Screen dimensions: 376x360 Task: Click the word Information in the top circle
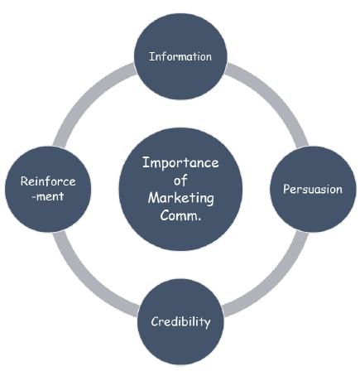pyautogui.click(x=180, y=57)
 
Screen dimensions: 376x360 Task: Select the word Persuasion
pyautogui.click(x=313, y=189)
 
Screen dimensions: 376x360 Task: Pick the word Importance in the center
pyautogui.click(x=180, y=162)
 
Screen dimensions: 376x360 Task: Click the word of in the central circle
pyautogui.click(x=180, y=180)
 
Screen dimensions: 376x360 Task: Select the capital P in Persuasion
pyautogui.click(x=286, y=189)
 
